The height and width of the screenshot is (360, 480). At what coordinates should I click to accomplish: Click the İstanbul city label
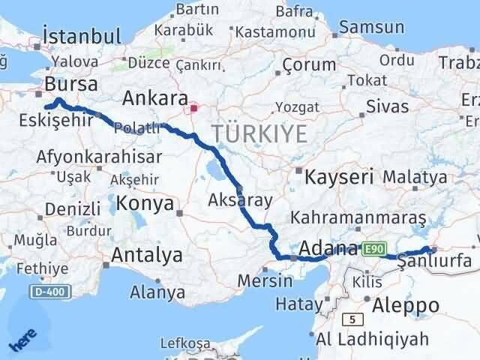[82, 36]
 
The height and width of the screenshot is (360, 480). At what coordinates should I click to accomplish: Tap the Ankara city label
[154, 98]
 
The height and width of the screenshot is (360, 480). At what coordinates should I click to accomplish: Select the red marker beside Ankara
[193, 107]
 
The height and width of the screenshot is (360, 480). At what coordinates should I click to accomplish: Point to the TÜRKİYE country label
[259, 134]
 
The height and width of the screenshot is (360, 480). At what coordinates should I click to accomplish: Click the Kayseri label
[339, 178]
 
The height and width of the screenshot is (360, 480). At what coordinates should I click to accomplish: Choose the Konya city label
[145, 203]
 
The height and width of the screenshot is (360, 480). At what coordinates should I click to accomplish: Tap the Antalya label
[146, 255]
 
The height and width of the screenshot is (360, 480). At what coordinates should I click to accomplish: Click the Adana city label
[329, 248]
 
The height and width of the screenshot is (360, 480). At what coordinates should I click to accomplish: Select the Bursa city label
[71, 83]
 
